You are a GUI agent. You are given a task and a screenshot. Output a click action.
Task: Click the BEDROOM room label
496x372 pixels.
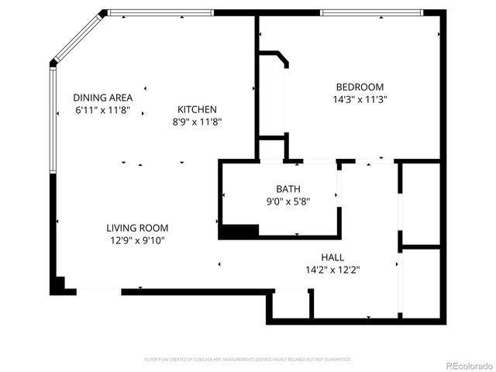360,87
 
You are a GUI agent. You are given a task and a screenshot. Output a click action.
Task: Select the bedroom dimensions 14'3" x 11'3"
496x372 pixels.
360,99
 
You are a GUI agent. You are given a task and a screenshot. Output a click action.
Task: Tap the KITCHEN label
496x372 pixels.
197,109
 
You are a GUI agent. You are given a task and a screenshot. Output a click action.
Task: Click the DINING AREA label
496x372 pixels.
102,98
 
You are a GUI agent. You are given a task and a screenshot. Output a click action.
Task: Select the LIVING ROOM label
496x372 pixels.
137,228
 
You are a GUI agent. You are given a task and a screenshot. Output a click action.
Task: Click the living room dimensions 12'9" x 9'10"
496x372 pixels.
137,240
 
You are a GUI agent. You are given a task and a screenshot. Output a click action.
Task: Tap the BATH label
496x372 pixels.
288,188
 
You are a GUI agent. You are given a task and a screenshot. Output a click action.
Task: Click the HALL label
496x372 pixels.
332,257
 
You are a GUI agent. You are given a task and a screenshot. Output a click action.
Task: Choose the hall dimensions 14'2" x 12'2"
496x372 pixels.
332,270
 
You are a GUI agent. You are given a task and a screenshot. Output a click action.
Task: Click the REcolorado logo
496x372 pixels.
467,364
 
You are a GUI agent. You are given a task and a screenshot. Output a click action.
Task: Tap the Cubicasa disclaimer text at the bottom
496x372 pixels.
248,360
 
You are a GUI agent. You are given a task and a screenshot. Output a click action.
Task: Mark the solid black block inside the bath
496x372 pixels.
239,231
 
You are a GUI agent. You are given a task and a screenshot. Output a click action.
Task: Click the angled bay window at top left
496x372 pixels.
77,36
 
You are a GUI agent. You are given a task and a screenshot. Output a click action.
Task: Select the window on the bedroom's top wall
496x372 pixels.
372,12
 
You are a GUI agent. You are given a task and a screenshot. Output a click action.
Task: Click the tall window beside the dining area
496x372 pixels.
53,120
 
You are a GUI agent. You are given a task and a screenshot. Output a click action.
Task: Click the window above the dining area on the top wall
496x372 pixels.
160,12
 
